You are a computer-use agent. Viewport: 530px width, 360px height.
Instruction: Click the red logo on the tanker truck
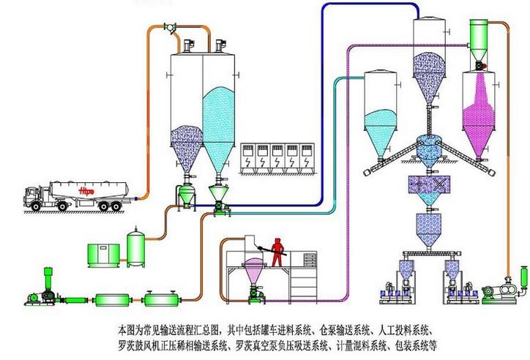click(x=86, y=189)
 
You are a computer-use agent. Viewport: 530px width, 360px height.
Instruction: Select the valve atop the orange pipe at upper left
click(x=171, y=31)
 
